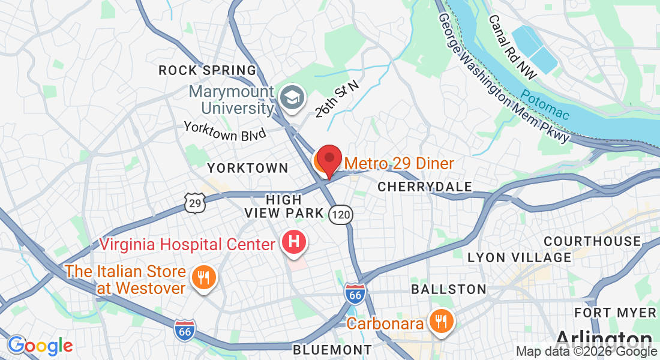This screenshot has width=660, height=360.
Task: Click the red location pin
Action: click(x=329, y=160)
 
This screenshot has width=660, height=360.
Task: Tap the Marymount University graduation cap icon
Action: click(x=293, y=97)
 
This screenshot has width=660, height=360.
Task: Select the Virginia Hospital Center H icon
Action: click(x=294, y=243)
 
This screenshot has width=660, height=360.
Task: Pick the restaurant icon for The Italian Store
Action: click(x=203, y=277)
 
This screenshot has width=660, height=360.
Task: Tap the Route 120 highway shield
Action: click(x=340, y=214)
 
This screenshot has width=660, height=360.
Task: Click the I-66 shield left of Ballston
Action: click(x=355, y=293)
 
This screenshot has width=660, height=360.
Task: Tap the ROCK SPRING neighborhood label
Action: click(x=207, y=71)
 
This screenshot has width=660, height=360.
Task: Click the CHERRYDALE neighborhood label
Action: click(x=425, y=187)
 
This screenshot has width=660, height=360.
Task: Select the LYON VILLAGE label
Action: click(x=519, y=257)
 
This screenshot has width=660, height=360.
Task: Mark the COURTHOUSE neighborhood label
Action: click(x=592, y=241)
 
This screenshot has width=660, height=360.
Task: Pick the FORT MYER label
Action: click(x=615, y=313)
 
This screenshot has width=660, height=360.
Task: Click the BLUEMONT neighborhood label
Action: click(x=332, y=349)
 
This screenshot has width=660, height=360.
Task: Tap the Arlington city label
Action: click(x=604, y=338)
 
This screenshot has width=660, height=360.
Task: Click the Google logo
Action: click(x=40, y=346)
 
